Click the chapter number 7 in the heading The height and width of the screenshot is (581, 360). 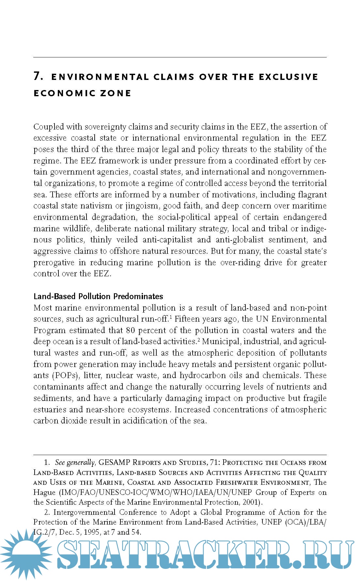pyautogui.click(x=38, y=76)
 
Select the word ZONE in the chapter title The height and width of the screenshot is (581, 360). pyautogui.click(x=116, y=93)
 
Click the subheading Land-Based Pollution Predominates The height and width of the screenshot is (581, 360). pyautogui.click(x=98, y=296)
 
